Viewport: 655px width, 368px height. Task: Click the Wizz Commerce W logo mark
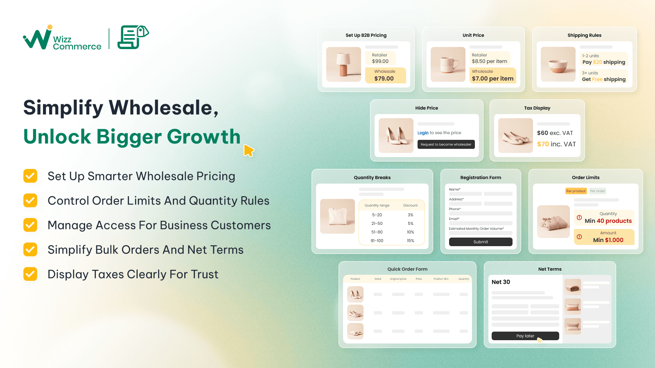tap(38, 38)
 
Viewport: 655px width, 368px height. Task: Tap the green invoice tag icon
tap(133, 37)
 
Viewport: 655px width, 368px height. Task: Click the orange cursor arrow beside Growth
tap(248, 150)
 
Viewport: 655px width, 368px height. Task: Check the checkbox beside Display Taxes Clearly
tap(30, 274)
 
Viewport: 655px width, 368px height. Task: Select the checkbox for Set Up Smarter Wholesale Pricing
tap(30, 176)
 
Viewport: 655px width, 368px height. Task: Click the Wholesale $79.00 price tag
tap(385, 76)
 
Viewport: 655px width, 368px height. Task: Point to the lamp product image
tap(343, 64)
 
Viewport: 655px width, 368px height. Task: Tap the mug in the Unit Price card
tap(448, 64)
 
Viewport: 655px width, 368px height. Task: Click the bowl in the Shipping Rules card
tap(558, 64)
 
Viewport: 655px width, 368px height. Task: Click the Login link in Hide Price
tap(423, 133)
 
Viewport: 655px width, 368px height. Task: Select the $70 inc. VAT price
tap(556, 144)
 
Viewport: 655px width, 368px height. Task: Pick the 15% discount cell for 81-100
tap(410, 241)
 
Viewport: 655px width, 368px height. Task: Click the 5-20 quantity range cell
tap(377, 215)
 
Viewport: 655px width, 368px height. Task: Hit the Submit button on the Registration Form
tap(481, 242)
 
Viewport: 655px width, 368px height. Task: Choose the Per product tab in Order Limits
tap(576, 191)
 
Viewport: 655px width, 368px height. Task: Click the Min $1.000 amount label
tap(608, 240)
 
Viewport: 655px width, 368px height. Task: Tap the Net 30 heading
tap(501, 282)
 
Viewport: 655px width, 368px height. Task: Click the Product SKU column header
tap(441, 279)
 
